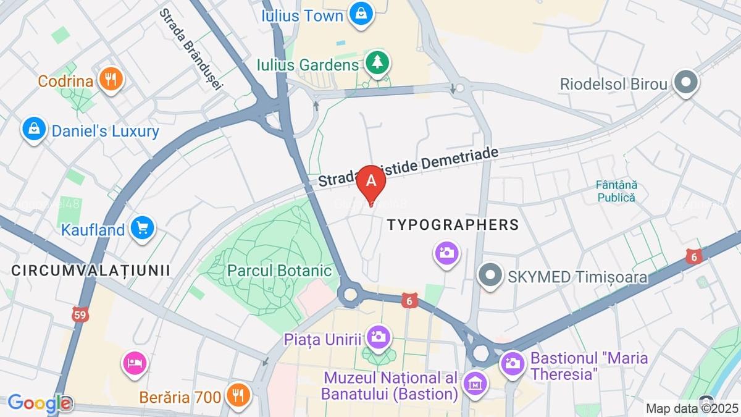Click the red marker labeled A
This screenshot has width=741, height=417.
(x=371, y=181)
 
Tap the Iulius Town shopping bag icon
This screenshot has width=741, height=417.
(x=361, y=13)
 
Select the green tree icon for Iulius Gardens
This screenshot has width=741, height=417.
(x=376, y=63)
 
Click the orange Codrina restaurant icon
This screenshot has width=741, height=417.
(x=111, y=79)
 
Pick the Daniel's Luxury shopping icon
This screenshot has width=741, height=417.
(x=33, y=129)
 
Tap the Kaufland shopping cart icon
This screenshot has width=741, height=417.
(x=143, y=228)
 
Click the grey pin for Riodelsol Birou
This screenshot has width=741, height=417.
(x=685, y=82)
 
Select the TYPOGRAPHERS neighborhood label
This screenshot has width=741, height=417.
(x=453, y=225)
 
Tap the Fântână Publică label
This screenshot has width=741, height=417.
(x=616, y=192)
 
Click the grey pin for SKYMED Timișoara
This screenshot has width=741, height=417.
(x=490, y=276)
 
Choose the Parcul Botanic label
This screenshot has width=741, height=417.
(x=279, y=271)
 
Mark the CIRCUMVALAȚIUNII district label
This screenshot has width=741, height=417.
(x=91, y=270)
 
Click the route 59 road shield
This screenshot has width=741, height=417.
(x=80, y=314)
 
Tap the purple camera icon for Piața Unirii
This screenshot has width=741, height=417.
(x=378, y=337)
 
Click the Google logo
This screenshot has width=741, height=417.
(x=38, y=403)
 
